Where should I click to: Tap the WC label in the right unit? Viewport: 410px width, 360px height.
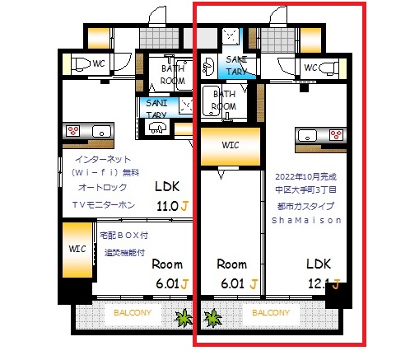click(311, 67)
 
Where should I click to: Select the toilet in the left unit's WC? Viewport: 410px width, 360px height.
click(76, 64)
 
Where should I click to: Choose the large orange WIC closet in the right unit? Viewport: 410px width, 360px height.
click(230, 147)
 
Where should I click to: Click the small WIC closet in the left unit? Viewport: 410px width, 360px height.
click(77, 248)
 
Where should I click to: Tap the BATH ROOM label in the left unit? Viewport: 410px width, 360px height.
click(172, 74)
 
